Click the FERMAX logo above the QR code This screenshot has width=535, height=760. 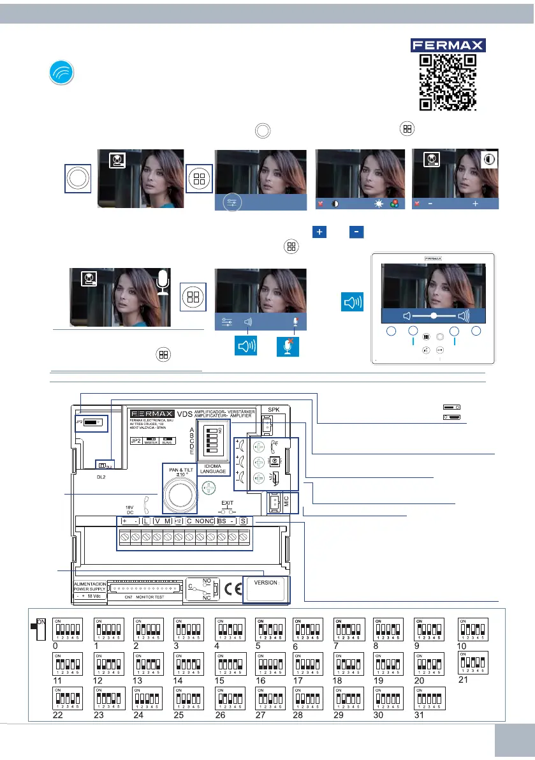447,45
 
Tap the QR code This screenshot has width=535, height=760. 447,81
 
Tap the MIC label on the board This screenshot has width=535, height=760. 286,502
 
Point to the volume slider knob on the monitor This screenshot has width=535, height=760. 434,315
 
